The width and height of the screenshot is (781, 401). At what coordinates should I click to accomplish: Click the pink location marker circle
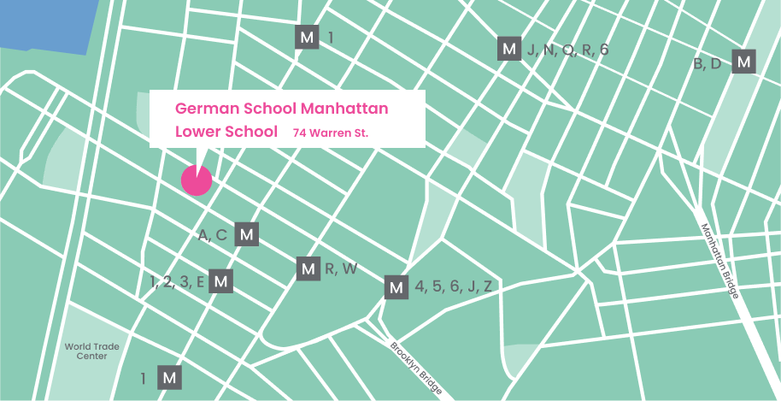coord(196,180)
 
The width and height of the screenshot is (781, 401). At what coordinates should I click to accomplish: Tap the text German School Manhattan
coord(282,109)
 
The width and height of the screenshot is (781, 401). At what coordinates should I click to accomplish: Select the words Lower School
coord(226,133)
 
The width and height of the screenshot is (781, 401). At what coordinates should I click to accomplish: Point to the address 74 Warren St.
coord(331,133)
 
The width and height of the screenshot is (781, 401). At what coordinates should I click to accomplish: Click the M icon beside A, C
coord(247,234)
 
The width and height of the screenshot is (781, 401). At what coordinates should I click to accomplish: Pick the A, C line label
coord(213,235)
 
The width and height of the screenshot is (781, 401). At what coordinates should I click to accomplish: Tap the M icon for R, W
coord(308,268)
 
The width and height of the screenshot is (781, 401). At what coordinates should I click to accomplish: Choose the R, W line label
coord(341,269)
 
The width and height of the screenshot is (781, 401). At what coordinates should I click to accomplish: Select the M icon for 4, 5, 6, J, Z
coord(396,287)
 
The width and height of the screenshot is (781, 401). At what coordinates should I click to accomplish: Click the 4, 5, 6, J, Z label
coord(454,287)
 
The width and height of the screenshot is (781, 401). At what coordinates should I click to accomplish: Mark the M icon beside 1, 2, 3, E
coord(220,280)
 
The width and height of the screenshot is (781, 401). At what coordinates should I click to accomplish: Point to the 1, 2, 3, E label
coord(178,281)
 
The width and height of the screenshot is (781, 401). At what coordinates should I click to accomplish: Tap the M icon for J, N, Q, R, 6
coord(509,50)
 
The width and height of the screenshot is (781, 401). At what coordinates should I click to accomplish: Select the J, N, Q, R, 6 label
coord(567,50)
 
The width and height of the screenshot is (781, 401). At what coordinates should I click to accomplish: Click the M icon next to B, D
coord(744,62)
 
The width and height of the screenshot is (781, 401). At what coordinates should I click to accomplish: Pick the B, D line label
coord(708,63)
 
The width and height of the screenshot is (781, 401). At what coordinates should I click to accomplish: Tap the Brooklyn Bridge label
coord(416,369)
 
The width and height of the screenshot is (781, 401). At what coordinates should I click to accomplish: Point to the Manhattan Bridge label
coord(719,261)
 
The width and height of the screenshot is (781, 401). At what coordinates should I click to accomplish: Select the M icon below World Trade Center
coord(170,377)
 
